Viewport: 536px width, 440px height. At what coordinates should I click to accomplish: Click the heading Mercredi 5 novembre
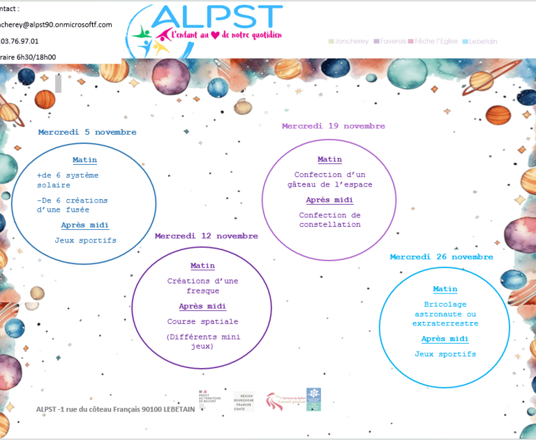87,132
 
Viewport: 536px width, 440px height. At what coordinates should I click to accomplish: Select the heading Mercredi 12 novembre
207,236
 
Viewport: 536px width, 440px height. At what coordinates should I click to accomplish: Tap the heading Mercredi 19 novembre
333,126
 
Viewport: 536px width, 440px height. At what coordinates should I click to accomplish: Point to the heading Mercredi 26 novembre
441,257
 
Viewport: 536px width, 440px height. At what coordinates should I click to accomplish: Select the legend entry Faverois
393,41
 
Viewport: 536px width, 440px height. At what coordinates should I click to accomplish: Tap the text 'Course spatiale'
202,322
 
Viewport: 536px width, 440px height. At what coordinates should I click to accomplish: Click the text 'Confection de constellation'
329,220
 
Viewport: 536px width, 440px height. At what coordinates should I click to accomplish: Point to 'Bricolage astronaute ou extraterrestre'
445,314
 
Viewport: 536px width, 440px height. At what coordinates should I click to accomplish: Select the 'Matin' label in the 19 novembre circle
329,160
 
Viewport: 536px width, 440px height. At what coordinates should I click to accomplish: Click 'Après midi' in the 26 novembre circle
445,339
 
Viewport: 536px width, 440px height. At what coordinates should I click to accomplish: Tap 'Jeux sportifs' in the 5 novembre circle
85,241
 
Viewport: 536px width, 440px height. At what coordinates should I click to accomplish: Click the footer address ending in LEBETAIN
115,409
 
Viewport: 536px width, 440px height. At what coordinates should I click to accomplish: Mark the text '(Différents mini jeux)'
202,341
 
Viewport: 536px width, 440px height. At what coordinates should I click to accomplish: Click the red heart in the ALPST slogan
216,35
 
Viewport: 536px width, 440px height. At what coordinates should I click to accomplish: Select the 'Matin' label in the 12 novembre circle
202,266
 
